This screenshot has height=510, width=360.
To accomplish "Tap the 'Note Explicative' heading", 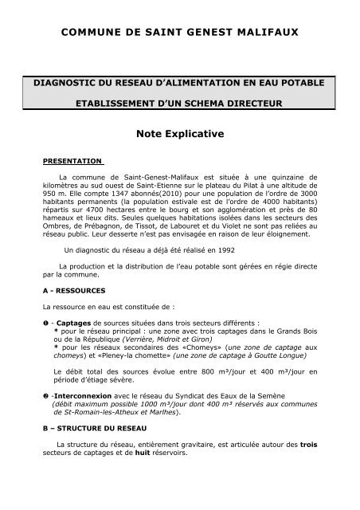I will (179, 136).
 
